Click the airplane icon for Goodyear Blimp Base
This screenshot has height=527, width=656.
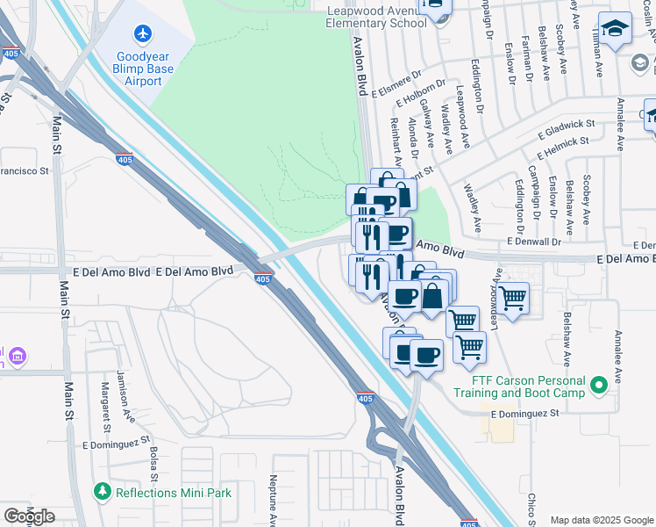[x=143, y=33]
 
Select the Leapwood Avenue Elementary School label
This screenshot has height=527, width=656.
[x=375, y=16]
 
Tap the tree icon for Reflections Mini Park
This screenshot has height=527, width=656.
[x=103, y=492]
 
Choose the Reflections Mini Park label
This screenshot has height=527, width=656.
[x=174, y=493]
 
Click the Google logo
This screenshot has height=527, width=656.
[x=29, y=516]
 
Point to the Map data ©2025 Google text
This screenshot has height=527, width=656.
[x=601, y=520]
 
